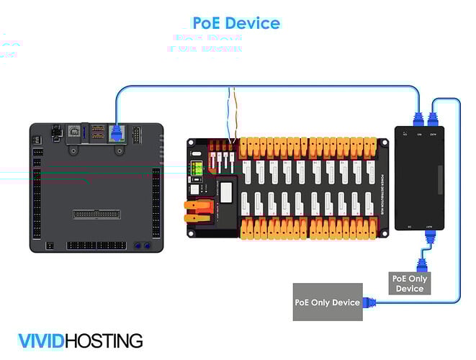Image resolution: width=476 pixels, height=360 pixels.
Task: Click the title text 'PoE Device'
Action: pos(235,23)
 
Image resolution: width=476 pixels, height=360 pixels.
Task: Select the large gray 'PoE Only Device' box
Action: pos(327,302)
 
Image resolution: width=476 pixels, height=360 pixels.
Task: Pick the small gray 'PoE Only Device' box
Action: pos(410,283)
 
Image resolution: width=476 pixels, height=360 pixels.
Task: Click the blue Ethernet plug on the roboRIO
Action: pos(115,131)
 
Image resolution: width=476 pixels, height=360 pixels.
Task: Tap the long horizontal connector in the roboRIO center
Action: pos(96,214)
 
